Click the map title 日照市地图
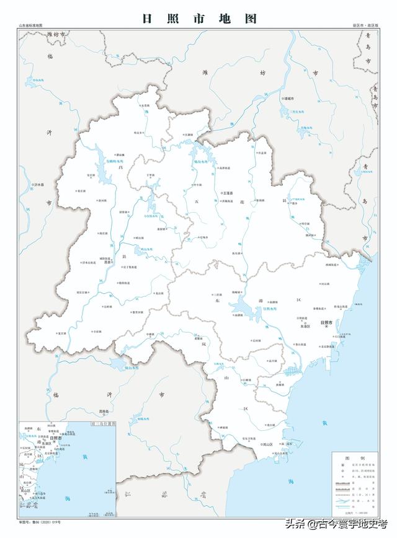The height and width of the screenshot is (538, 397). pyautogui.click(x=199, y=18)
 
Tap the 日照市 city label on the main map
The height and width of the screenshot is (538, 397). pyautogui.click(x=326, y=324)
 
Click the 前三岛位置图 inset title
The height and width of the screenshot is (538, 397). pyautogui.click(x=99, y=423)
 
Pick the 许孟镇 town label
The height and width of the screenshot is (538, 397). pyautogui.click(x=263, y=152)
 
